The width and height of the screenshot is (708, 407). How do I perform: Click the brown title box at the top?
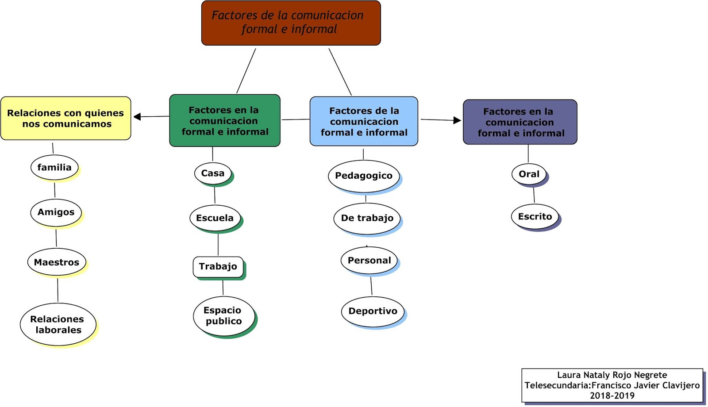click(291, 23)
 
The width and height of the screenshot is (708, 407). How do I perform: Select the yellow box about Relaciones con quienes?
click(66, 119)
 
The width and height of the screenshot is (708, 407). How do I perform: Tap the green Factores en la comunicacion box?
click(225, 120)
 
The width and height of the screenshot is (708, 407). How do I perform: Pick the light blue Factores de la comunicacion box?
click(364, 121)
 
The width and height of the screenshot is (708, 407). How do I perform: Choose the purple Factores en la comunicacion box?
click(520, 122)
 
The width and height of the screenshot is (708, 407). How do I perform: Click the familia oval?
click(54, 167)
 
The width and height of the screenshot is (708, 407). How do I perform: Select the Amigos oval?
click(56, 212)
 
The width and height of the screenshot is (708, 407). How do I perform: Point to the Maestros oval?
click(57, 262)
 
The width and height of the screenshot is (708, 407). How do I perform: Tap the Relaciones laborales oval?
click(58, 324)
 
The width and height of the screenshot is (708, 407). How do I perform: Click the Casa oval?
click(213, 173)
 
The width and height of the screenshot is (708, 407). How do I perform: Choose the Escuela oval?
click(215, 218)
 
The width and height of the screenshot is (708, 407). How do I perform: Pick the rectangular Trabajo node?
click(218, 267)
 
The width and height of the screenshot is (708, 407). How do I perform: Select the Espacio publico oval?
click(224, 316)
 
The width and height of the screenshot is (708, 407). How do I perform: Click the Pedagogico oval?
click(364, 176)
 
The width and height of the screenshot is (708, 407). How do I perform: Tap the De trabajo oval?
click(367, 218)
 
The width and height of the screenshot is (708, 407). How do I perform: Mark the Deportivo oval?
click(373, 311)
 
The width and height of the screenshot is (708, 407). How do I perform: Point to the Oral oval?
click(529, 174)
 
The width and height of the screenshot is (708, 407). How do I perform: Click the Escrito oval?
click(535, 216)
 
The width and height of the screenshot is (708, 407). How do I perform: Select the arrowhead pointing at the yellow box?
click(137, 117)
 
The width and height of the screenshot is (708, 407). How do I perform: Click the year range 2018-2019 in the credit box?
click(612, 395)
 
